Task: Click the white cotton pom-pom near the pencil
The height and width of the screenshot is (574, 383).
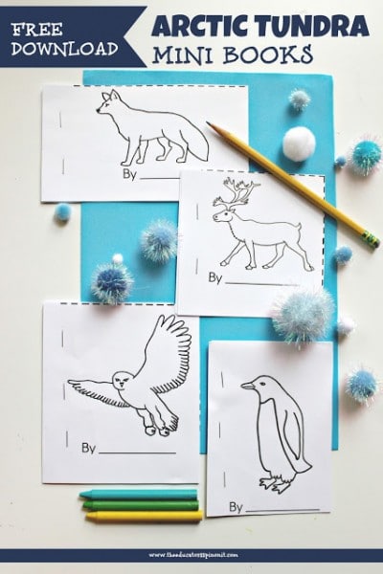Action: point(299,143)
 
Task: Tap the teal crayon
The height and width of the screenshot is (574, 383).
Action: point(140,495)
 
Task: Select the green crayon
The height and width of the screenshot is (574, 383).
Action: point(140,505)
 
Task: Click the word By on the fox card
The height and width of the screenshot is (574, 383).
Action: point(127,176)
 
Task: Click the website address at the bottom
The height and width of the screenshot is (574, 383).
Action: point(191,553)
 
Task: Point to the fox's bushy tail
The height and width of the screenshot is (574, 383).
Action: point(191,144)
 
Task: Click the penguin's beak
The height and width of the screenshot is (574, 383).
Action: point(246,386)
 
